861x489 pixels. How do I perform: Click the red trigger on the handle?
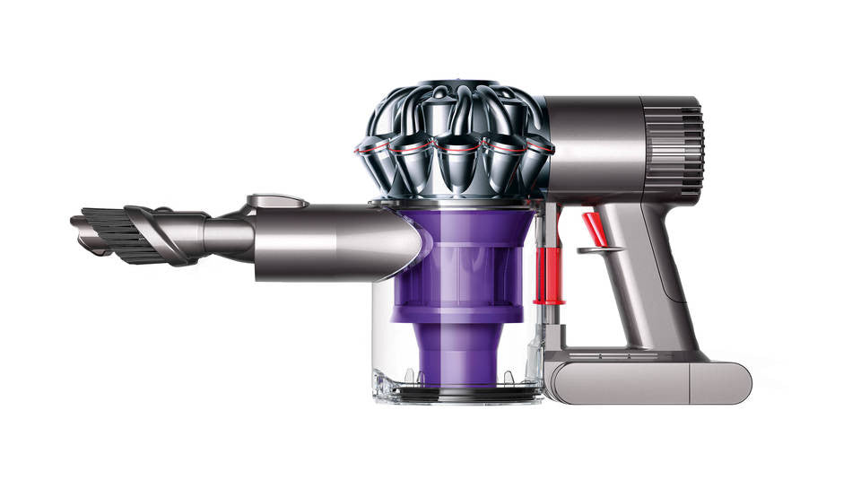coord(592,226)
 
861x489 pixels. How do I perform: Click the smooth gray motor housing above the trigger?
coord(610,144)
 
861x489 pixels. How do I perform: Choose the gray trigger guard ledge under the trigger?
coord(598,249)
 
